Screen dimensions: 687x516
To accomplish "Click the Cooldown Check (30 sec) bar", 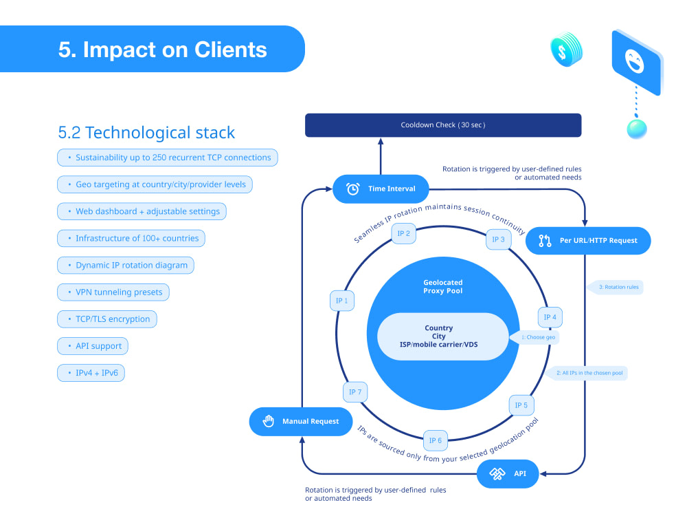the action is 443,125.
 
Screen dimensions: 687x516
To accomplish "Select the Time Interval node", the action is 381,189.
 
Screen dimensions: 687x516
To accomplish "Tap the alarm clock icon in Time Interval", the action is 352,189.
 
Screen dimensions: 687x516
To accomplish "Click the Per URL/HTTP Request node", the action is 588,240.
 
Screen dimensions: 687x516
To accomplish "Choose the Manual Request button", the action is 301,421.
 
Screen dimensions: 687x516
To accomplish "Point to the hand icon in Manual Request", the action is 268,421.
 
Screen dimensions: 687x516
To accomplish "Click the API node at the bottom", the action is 508,474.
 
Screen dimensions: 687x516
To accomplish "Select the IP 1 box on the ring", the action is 341,301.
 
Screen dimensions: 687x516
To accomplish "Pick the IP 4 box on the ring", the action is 550,317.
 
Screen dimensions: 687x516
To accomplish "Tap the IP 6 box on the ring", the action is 436,440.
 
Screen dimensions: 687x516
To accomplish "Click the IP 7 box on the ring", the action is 355,392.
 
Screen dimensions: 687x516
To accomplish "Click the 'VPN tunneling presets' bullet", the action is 113,292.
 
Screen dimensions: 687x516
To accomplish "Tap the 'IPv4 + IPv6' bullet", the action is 91,373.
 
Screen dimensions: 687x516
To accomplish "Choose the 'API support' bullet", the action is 93,346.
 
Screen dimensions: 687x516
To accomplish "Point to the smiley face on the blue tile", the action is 634,61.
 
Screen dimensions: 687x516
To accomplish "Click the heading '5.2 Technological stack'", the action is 147,133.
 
